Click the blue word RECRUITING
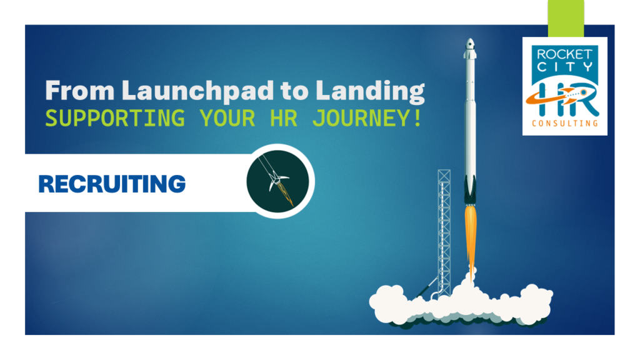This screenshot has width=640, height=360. point(112,184)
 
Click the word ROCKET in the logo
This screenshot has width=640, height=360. point(564,54)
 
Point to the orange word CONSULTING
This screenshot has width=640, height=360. point(564,124)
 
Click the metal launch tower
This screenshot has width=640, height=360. point(444,231)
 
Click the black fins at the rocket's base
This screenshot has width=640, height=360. point(470,187)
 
